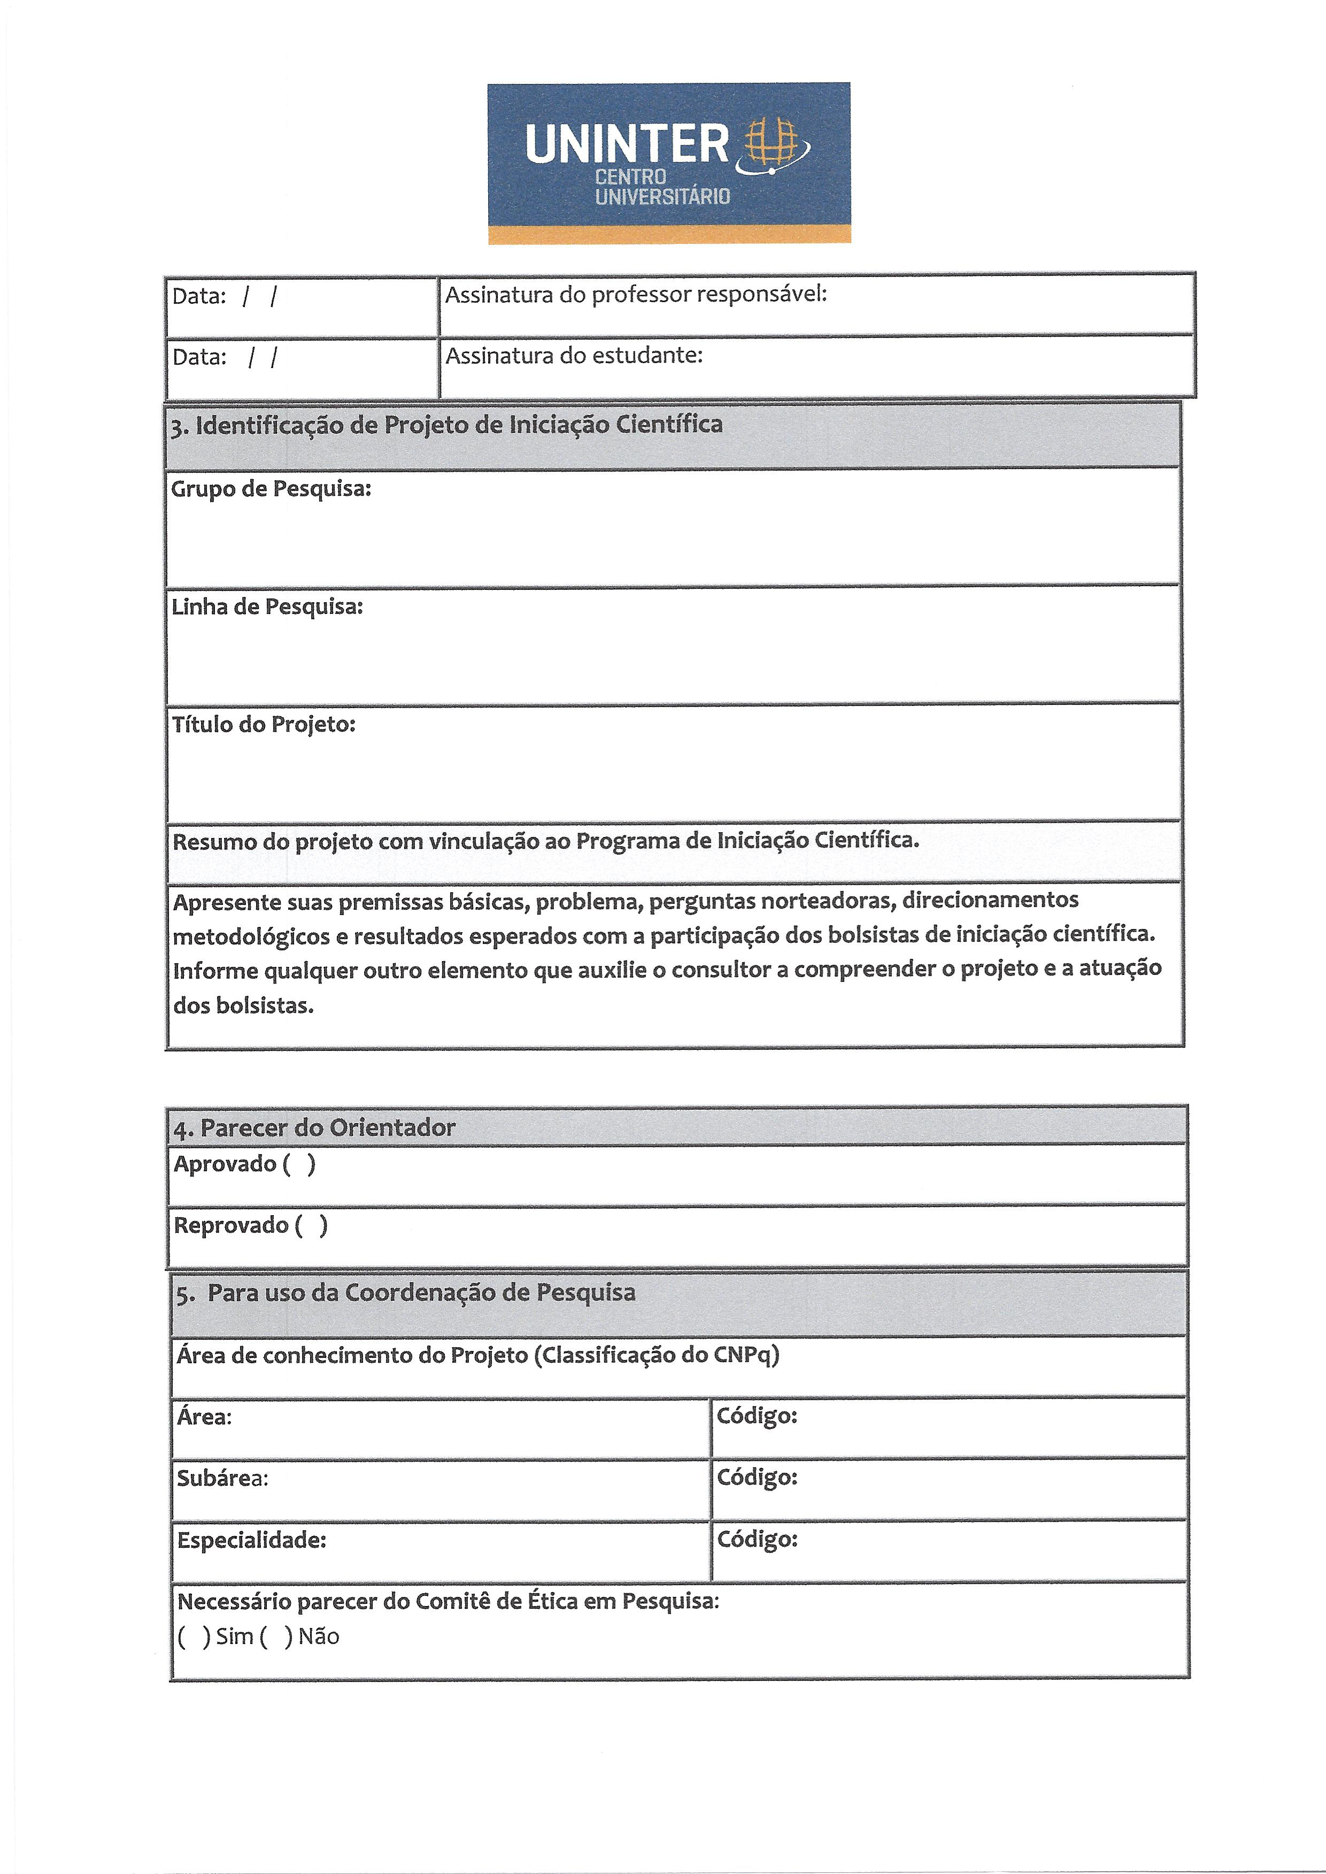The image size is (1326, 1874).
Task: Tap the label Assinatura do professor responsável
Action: [635, 295]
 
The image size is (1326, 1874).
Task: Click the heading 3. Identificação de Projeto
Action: [446, 425]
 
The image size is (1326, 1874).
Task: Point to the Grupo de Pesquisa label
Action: [271, 489]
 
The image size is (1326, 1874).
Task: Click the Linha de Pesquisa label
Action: [267, 606]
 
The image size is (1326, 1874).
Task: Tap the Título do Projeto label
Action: [264, 724]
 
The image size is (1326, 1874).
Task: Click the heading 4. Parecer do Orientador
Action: [314, 1128]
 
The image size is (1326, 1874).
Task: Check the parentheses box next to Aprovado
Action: [299, 1164]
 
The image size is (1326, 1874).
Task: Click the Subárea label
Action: [222, 1479]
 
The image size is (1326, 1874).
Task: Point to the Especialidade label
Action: [251, 1540]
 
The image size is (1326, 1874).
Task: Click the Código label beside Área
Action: [756, 1416]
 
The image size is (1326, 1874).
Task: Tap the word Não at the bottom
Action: [319, 1637]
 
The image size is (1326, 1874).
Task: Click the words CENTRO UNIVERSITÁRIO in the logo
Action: [662, 186]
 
